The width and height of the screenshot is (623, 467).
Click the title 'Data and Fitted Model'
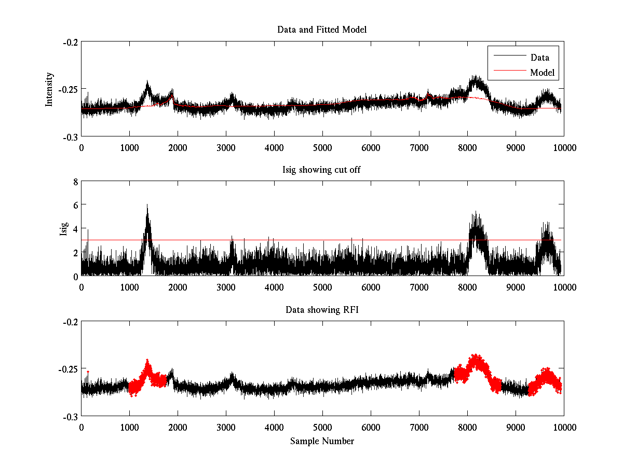[322, 30]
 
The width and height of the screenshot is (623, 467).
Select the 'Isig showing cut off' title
[322, 170]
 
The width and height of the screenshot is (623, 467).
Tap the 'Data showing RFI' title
[322, 310]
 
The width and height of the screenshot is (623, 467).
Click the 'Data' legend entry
[539, 58]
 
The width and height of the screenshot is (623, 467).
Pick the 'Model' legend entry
[542, 73]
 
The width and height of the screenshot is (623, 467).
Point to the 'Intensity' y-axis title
[49, 89]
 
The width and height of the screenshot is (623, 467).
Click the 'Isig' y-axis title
[64, 229]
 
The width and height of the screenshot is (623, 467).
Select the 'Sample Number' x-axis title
[322, 441]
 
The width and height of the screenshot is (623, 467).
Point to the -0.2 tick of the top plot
[70, 42]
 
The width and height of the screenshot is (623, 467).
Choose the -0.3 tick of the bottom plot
[70, 417]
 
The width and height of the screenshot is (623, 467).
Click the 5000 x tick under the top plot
[322, 148]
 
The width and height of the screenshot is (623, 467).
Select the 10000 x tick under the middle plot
[564, 287]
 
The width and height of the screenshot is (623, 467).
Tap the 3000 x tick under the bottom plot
[226, 428]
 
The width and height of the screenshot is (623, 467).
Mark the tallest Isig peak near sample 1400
[147, 205]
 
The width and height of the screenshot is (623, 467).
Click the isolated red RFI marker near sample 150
[88, 372]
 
